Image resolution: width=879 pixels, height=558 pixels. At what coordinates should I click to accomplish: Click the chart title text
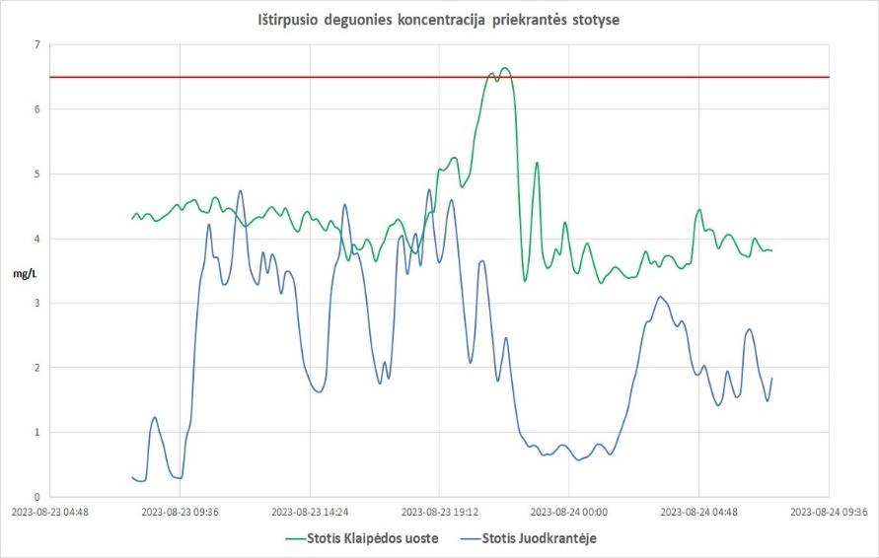(440, 20)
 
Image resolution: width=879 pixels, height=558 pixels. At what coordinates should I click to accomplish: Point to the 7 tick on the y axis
(37, 45)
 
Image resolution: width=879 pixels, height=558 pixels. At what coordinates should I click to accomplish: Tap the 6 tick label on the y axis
(37, 109)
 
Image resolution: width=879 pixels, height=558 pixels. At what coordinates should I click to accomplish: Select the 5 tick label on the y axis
(37, 174)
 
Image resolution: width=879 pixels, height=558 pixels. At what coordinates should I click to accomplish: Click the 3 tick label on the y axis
(37, 304)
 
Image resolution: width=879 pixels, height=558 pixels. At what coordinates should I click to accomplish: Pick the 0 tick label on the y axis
(37, 497)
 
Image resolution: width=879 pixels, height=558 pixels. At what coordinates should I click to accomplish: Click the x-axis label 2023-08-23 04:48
(49, 513)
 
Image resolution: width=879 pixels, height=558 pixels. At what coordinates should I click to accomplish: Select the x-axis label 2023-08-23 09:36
(180, 513)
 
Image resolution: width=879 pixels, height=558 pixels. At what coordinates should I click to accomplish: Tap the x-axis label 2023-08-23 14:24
(310, 513)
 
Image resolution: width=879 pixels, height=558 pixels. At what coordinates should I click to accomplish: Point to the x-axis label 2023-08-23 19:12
(439, 513)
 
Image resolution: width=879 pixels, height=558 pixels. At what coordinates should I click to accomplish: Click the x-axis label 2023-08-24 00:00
(569, 513)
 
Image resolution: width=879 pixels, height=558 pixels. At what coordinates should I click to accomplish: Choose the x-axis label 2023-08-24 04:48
(698, 513)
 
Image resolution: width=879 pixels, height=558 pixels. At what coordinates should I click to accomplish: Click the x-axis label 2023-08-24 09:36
(828, 513)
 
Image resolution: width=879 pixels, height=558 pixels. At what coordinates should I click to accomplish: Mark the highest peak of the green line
(505, 68)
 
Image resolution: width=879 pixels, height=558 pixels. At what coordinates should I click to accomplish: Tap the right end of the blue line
(771, 379)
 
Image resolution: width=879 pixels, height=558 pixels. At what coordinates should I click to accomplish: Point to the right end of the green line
(771, 250)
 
